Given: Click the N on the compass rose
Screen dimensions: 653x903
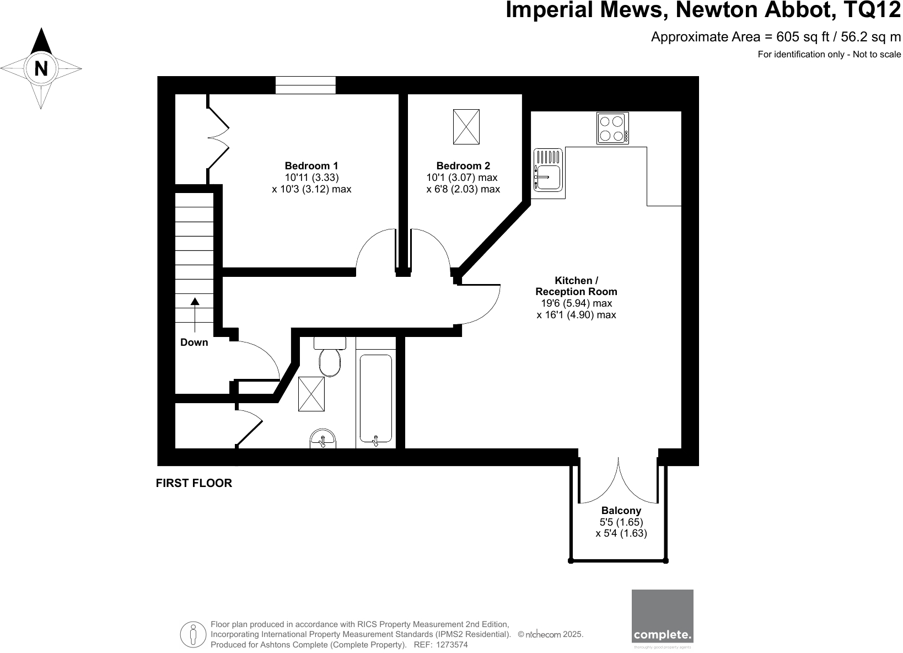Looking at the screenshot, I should pos(41,69).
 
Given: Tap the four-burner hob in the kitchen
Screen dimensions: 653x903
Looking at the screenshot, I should pos(612,129).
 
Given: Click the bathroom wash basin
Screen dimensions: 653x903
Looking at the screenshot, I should pos(323,440).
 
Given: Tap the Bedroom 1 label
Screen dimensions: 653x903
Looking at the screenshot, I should pos(311,165).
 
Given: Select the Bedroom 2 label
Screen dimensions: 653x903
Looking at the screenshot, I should pos(463,165).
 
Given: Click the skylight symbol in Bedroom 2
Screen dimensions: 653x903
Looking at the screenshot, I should pos(466,126).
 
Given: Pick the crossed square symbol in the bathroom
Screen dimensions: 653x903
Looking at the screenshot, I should pos(311,394).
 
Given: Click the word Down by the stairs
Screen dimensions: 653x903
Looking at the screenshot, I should pos(194,342).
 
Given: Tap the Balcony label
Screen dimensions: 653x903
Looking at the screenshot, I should pos(621,511).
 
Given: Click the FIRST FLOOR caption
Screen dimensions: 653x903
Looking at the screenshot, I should pos(194,483).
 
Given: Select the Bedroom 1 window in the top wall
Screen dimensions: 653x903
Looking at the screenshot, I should pos(305,85).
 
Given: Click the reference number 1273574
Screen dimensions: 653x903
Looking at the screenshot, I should pos(452,645).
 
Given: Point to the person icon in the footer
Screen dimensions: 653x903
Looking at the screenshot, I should pos(192,635).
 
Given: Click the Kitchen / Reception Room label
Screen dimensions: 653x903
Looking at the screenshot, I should pos(576,286).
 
